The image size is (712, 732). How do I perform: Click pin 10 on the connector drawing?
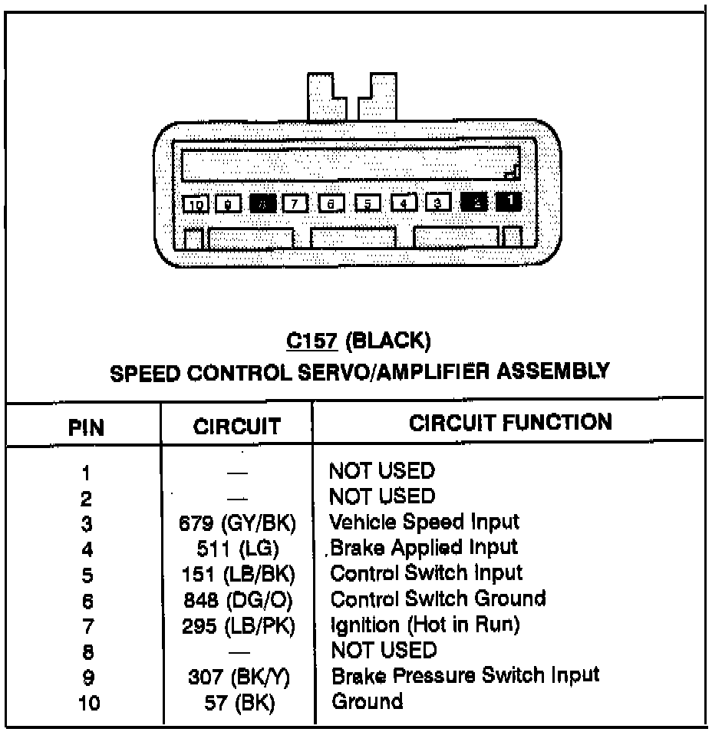[x=196, y=204]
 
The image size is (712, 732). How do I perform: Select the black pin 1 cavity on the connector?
[x=508, y=202]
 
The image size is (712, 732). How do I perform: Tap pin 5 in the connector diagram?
[x=368, y=204]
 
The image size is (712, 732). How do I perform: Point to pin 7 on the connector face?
[x=295, y=204]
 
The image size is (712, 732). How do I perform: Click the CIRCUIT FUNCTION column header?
[x=510, y=422]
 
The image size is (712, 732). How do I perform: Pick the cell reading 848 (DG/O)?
[x=239, y=600]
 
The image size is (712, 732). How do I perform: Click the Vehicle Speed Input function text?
[x=424, y=523]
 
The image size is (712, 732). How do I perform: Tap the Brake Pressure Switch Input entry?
[x=465, y=675]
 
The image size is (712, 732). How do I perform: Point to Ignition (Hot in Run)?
[x=424, y=625]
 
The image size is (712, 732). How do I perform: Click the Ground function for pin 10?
[x=367, y=701]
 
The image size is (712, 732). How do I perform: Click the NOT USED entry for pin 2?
[x=381, y=496]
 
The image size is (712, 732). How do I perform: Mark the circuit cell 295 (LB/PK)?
[x=239, y=626]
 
